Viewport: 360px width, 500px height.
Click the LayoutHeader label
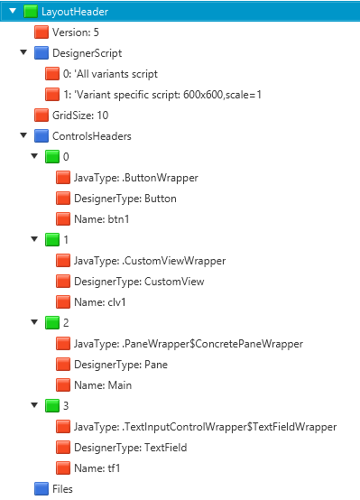tap(75, 12)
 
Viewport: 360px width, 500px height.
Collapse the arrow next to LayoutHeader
tap(13, 11)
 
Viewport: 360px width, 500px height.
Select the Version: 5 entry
tap(76, 32)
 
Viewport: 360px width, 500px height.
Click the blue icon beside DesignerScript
tap(42, 53)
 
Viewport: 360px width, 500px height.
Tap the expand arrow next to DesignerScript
tap(23, 52)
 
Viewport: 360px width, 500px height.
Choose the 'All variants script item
tap(110, 74)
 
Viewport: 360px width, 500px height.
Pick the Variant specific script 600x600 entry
tap(162, 95)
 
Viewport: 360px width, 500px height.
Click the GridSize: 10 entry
tap(80, 116)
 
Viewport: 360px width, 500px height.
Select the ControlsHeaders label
tap(92, 136)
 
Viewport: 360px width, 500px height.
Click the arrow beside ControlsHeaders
tap(23, 135)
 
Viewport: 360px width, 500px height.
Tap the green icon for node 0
tap(52, 156)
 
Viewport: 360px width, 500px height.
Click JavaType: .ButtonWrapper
tap(136, 178)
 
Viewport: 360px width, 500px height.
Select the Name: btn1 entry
tap(102, 219)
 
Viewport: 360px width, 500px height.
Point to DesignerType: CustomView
tap(139, 282)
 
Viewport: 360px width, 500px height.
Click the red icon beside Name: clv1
tap(63, 302)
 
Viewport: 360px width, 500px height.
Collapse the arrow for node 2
tap(34, 322)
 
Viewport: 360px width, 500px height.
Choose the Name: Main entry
tap(103, 385)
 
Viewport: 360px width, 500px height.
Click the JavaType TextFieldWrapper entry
tap(206, 427)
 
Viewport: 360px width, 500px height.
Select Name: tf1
tap(97, 468)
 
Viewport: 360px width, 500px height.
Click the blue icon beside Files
tap(42, 489)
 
